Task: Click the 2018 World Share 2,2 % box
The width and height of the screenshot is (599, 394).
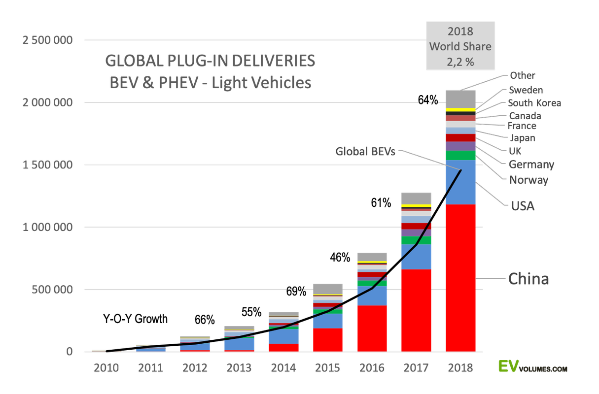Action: (460, 46)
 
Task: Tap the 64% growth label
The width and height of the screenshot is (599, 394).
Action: (428, 100)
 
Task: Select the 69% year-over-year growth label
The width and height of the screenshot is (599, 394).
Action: (296, 291)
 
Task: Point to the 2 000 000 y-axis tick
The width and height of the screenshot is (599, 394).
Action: (47, 102)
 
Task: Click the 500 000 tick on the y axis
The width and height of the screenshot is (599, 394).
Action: (52, 290)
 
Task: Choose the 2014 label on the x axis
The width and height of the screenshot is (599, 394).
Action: (283, 368)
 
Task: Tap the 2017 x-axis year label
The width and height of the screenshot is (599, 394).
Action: (416, 368)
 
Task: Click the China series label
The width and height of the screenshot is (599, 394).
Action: (529, 279)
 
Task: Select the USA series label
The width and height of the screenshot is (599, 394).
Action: (523, 206)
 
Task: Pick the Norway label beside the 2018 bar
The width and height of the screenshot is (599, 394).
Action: (529, 180)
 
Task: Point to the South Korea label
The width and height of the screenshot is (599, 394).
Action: (534, 103)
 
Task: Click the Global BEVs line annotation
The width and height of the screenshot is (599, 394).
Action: (365, 152)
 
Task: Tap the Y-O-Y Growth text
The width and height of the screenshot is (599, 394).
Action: (135, 319)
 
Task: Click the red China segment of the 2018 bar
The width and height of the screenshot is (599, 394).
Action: (460, 278)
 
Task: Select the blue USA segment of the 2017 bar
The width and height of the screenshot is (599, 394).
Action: (416, 257)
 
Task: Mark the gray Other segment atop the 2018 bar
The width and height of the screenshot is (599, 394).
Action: (460, 99)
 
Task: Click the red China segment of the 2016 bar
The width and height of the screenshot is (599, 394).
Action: (372, 328)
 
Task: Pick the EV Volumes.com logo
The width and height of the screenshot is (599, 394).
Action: (532, 366)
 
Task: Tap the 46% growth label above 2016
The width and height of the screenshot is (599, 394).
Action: (340, 257)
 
